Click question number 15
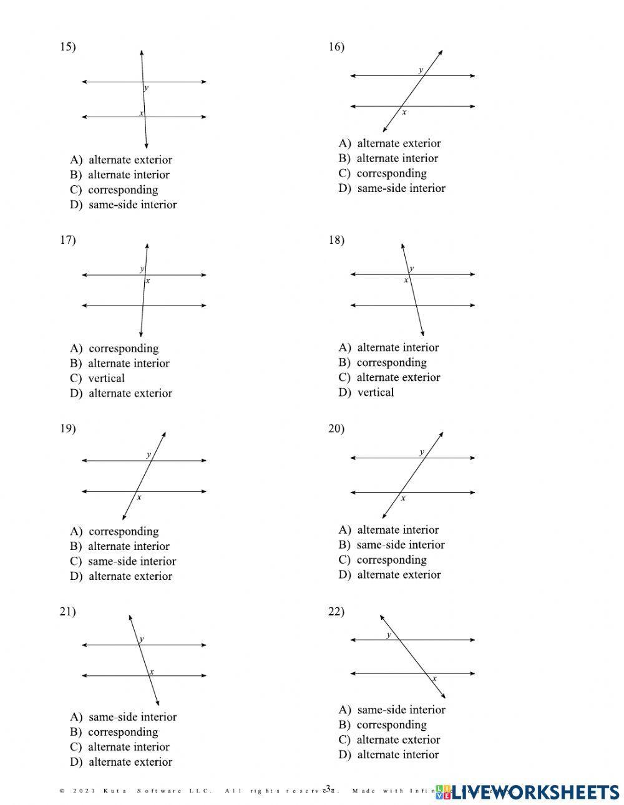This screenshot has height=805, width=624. click(67, 47)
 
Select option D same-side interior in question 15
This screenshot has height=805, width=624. click(124, 205)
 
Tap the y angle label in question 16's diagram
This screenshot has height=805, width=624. click(421, 70)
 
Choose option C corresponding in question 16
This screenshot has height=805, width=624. click(383, 173)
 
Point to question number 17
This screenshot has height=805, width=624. click(67, 240)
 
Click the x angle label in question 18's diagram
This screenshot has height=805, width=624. click(406, 281)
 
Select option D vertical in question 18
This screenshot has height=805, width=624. click(366, 392)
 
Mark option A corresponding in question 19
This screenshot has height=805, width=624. click(114, 531)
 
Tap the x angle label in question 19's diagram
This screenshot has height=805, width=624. click(139, 498)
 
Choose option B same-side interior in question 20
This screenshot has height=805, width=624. click(392, 544)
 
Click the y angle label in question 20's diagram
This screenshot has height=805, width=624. click(422, 452)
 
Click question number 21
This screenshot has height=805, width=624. click(67, 612)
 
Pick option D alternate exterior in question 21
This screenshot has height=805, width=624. click(121, 761)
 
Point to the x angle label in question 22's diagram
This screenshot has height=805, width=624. click(434, 678)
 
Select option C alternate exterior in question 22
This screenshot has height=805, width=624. click(389, 740)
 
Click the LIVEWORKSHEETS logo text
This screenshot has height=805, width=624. click(535, 792)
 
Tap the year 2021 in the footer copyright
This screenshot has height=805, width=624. click(84, 791)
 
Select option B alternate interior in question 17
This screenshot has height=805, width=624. click(120, 363)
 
